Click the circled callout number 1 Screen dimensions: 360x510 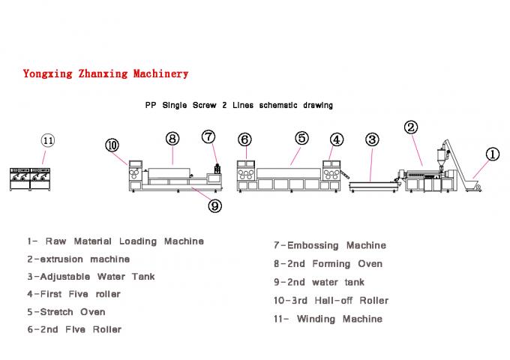tap(492, 154)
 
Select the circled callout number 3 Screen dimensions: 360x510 tap(372, 139)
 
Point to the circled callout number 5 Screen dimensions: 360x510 tap(301, 138)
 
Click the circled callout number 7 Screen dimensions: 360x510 tap(209, 136)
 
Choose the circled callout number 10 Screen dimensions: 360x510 tap(112, 144)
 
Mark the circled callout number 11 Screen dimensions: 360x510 tap(48, 140)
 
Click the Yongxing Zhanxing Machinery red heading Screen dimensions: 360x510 tap(106, 73)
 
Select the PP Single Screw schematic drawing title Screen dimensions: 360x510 tap(238, 106)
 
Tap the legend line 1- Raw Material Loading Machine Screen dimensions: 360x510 tap(115, 241)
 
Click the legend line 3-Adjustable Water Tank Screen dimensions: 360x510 tap(91, 277)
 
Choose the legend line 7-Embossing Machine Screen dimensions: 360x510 tap(330, 245)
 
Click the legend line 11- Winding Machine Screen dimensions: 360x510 tap(328, 319)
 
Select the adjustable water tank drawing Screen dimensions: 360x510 tap(373, 182)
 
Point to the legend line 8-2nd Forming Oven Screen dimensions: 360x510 tap(328, 263)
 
